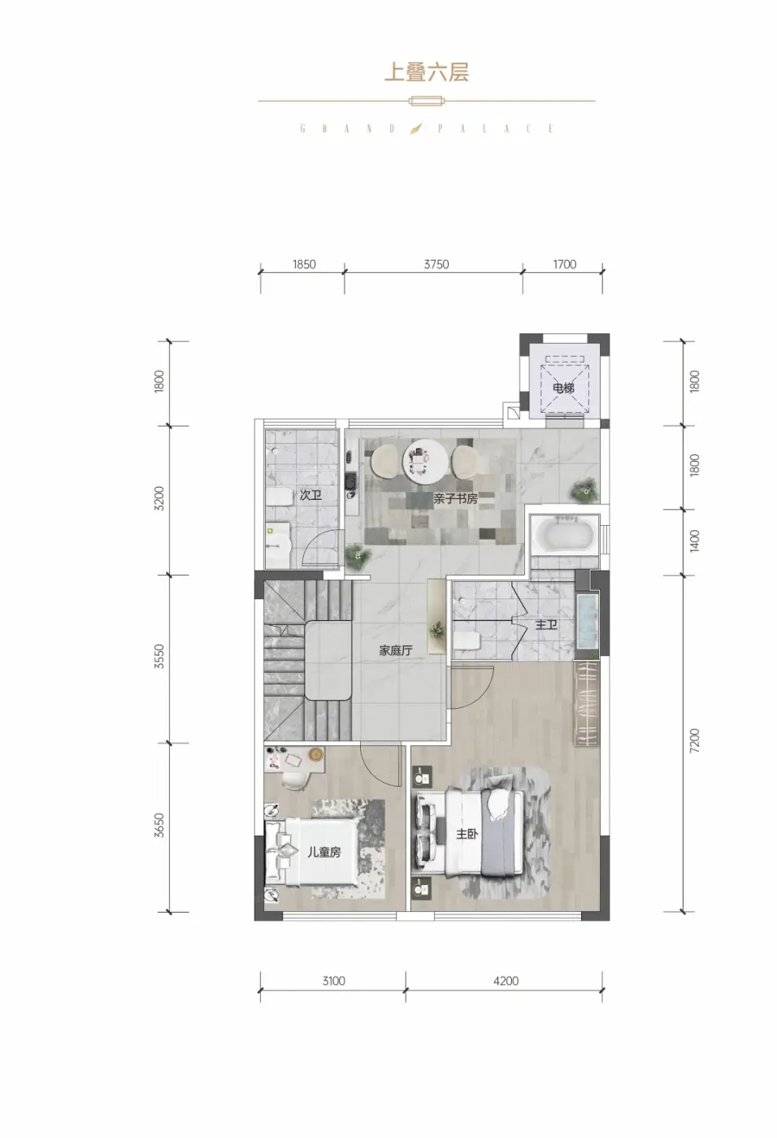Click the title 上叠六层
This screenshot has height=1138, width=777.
426,72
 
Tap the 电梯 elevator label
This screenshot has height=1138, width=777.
563,389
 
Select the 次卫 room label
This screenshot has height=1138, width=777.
310,495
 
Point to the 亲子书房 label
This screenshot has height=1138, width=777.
455,498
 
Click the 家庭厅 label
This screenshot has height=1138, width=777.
396,650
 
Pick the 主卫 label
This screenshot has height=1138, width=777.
546,624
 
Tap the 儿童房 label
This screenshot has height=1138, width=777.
324,852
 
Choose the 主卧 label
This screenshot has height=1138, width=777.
467,834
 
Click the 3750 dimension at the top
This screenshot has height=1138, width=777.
436,264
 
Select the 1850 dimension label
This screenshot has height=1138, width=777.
304,264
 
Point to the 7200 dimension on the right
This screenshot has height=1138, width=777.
695,741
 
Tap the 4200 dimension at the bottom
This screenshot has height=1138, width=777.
506,981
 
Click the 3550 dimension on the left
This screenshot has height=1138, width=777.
159,657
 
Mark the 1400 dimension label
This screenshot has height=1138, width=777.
695,541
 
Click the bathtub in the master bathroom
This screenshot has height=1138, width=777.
563,534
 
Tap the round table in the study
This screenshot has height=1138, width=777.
426,463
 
